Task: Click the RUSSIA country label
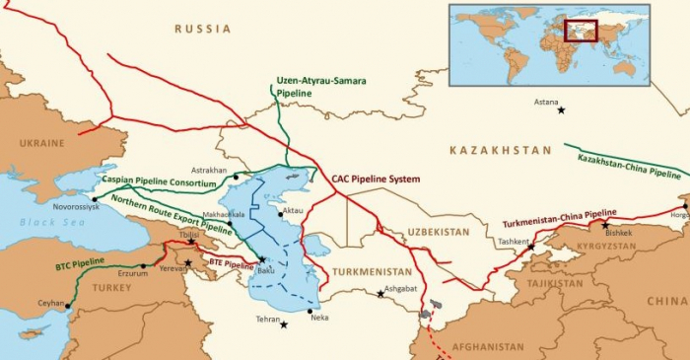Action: [x=203, y=30]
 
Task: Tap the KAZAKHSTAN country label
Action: [x=500, y=150]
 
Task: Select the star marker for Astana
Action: [x=562, y=109]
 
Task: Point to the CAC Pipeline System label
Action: [x=369, y=180]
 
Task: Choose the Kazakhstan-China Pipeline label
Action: [x=622, y=160]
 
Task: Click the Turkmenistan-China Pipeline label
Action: [x=559, y=218]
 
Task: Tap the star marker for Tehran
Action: [x=285, y=325]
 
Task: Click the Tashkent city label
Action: [x=515, y=241]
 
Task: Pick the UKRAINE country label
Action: [x=41, y=143]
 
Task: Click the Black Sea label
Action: [x=42, y=222]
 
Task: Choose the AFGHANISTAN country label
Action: [x=488, y=347]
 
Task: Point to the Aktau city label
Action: [x=293, y=210]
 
